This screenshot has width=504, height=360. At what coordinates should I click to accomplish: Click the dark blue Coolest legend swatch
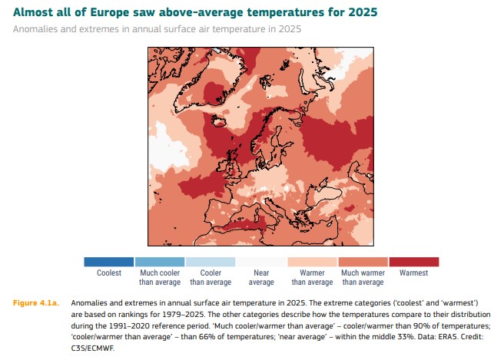[x=108, y=262]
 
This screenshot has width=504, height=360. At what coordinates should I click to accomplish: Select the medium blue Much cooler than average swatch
[x=160, y=262]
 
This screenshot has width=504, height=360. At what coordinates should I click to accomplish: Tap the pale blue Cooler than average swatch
[x=211, y=262]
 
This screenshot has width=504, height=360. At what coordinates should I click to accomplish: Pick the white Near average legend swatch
[x=261, y=262]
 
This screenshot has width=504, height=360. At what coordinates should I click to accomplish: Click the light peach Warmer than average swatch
[x=312, y=262]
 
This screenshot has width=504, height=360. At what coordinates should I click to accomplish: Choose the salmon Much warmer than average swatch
[x=363, y=262]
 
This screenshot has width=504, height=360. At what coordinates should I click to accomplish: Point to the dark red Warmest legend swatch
[x=414, y=262]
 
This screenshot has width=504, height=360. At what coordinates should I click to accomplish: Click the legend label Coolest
[x=109, y=272]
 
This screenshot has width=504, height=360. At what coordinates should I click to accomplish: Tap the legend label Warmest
[x=413, y=272]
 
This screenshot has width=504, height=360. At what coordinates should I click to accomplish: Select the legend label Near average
[x=261, y=277]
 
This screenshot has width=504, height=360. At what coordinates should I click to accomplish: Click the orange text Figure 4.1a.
[x=36, y=303]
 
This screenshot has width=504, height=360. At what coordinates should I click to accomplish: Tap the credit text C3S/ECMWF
[x=92, y=348]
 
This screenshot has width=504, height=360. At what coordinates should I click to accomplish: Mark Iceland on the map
[x=219, y=121]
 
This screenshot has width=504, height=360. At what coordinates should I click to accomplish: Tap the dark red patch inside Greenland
[x=214, y=92]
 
